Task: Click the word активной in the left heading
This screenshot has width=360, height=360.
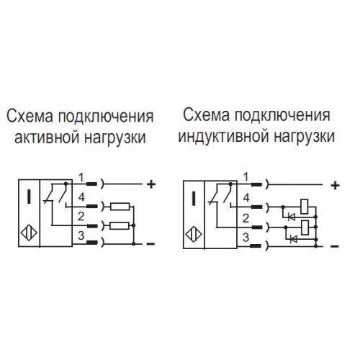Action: coord(46,138)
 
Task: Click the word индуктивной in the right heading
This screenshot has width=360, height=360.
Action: coord(223,137)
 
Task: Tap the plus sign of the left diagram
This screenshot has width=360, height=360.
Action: coord(151,184)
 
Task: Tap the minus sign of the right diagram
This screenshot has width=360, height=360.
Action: coord(335,246)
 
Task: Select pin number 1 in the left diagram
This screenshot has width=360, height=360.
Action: coord(81,178)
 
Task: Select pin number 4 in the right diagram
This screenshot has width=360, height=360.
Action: coord(246,198)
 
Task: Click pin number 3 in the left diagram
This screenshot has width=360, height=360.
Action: coord(81,235)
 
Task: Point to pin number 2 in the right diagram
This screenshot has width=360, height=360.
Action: coord(246,218)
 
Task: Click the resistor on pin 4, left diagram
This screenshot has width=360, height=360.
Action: coord(120,207)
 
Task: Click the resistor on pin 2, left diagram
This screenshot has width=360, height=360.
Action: coord(120,226)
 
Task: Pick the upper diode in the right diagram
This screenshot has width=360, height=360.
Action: coord(292,217)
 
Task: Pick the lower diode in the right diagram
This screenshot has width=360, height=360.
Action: coord(294,239)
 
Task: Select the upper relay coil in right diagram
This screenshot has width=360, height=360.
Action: coord(305,207)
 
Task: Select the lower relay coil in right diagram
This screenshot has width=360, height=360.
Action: coord(305,228)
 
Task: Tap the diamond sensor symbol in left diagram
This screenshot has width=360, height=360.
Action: coord(29,233)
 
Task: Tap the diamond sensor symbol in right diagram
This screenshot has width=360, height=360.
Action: coord(194,234)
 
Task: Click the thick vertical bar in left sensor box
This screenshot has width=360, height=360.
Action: coord(29,197)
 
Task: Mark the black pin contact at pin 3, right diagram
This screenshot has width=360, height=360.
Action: coord(256,246)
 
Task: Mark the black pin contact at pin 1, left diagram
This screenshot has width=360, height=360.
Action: coord(91,184)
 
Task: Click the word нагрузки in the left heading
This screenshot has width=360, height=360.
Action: coord(115,138)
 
